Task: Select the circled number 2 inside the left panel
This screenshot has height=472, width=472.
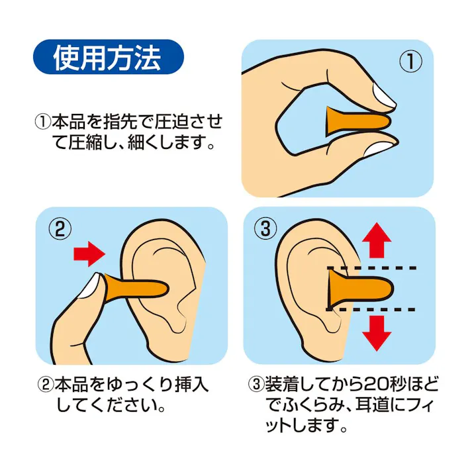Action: (x=60, y=229)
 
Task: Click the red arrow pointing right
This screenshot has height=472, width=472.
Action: (x=89, y=253)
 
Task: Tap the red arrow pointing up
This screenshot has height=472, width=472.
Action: (x=377, y=240)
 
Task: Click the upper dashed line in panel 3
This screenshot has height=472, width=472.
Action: (x=371, y=269)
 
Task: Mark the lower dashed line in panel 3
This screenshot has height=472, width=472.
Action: (x=371, y=309)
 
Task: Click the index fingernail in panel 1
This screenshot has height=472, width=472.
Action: (x=381, y=95)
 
